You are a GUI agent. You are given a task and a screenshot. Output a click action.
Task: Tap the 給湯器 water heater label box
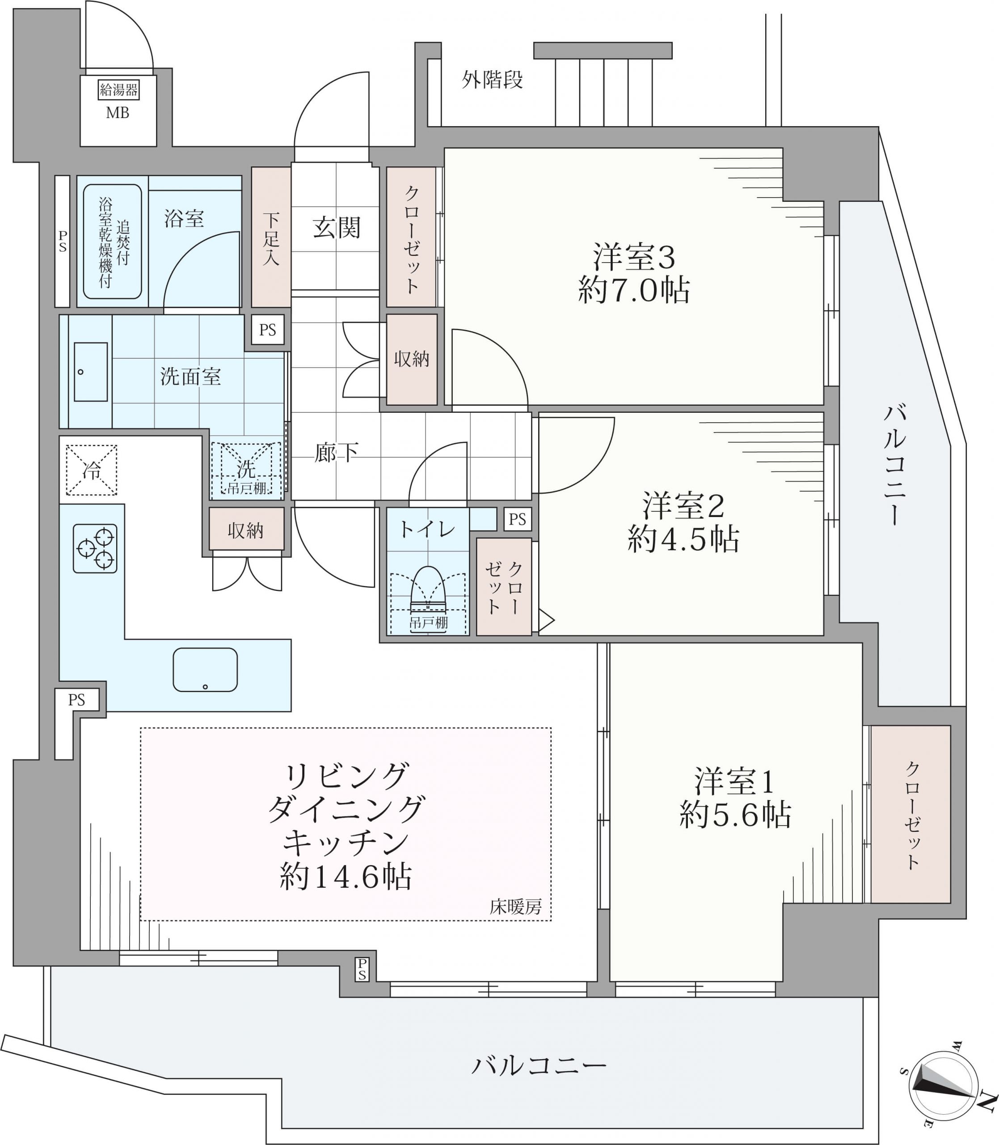(x=118, y=90)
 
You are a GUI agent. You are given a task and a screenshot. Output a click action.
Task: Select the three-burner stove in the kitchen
(x=95, y=548)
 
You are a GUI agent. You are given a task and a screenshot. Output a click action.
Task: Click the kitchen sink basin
(x=205, y=670)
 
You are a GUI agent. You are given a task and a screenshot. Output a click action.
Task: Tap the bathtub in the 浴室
(x=113, y=242)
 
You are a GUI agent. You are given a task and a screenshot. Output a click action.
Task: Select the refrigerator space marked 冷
(x=92, y=470)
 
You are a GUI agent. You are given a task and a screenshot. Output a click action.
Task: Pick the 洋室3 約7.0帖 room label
(x=634, y=273)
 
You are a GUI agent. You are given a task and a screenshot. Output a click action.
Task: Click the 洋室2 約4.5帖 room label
(x=683, y=522)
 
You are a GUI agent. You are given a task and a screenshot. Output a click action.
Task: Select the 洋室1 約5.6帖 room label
(x=735, y=797)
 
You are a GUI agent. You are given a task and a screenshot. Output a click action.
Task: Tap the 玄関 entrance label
(x=336, y=228)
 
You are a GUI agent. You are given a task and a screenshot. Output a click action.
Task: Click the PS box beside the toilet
(x=517, y=519)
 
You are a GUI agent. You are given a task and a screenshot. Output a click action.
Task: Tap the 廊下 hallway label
(x=336, y=452)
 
